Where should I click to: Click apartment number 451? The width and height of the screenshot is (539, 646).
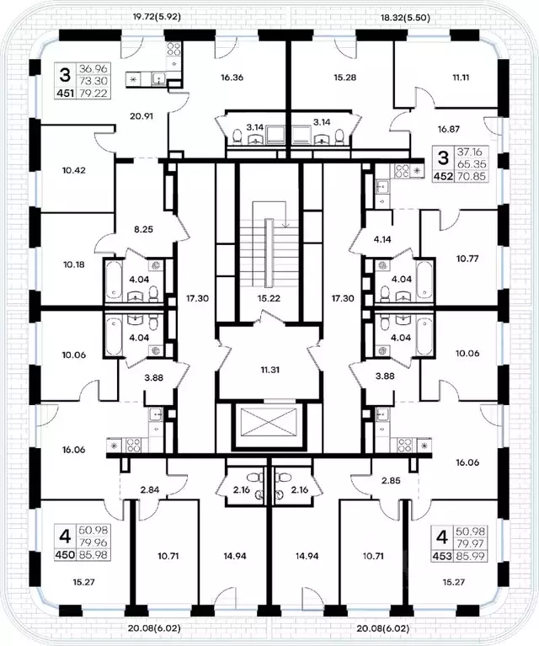(65, 93)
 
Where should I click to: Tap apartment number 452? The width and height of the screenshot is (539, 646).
(443, 177)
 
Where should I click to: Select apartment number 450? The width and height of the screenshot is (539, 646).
(65, 555)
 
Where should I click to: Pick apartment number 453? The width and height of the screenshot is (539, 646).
(442, 556)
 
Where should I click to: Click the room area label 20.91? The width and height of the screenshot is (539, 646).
(141, 116)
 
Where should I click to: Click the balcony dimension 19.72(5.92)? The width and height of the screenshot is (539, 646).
(157, 17)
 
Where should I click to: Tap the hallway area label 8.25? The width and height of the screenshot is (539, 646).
(144, 229)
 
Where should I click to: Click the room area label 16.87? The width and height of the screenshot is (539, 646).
(448, 130)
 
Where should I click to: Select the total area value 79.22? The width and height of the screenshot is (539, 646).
(94, 93)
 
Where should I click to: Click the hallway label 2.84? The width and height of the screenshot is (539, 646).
(150, 490)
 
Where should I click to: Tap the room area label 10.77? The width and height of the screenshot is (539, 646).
(467, 259)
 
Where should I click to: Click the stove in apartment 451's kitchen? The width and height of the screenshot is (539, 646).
(173, 50)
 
